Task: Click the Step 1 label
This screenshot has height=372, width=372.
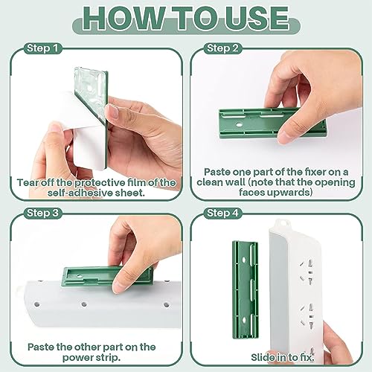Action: [42, 48]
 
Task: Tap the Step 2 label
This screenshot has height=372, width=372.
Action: [222, 48]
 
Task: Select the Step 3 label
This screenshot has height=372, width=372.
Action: [42, 213]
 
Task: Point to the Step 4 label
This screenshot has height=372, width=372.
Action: [222, 213]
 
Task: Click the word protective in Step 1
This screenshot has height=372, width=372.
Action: [100, 183]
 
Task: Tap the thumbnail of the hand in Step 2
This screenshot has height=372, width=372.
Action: [286, 137]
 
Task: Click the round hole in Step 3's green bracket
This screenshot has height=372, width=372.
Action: [80, 276]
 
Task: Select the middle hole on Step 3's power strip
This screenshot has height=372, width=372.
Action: [84, 304]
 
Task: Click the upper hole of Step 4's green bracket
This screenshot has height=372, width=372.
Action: [244, 260]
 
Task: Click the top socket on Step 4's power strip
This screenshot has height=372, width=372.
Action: [306, 272]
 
